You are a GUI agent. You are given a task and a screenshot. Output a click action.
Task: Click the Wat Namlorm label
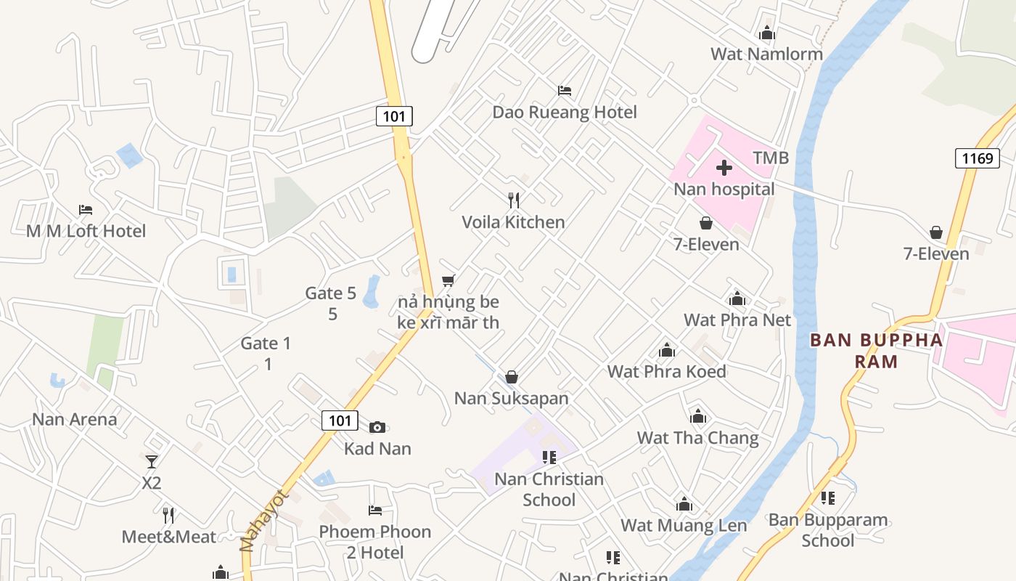point(766,54)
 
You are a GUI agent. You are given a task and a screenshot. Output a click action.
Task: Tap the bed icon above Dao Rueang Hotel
point(565,91)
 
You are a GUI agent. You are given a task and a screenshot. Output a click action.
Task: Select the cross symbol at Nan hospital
point(724,168)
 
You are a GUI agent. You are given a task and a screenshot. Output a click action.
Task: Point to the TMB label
point(771,158)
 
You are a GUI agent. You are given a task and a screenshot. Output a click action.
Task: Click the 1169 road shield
point(977,158)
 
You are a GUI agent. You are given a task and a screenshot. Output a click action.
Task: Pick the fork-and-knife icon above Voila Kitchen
point(514,200)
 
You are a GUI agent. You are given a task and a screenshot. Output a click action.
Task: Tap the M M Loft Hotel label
point(86,231)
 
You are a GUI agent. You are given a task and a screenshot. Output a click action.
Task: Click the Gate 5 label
point(331,293)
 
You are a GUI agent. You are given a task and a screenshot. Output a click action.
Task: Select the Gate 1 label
point(266,344)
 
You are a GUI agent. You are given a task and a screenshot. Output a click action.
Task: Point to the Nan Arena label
point(74,419)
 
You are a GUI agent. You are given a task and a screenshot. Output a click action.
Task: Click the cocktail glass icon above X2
point(151,461)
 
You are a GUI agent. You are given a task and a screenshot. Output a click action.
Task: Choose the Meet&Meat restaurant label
point(168,537)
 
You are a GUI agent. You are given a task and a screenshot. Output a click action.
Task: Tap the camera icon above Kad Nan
point(377,428)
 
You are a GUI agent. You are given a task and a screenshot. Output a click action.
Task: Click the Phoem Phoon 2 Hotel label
point(375,542)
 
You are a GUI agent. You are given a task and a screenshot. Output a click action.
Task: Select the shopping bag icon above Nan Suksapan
point(512,377)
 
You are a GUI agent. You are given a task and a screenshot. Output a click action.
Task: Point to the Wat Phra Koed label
point(666,371)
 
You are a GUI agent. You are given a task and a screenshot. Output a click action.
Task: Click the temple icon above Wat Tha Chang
point(698,417)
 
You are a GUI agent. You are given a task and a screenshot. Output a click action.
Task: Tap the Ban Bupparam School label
point(828,530)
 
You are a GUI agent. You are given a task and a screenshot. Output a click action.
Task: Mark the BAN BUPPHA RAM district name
point(876,350)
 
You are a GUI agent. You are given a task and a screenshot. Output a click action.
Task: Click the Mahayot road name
point(264,521)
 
